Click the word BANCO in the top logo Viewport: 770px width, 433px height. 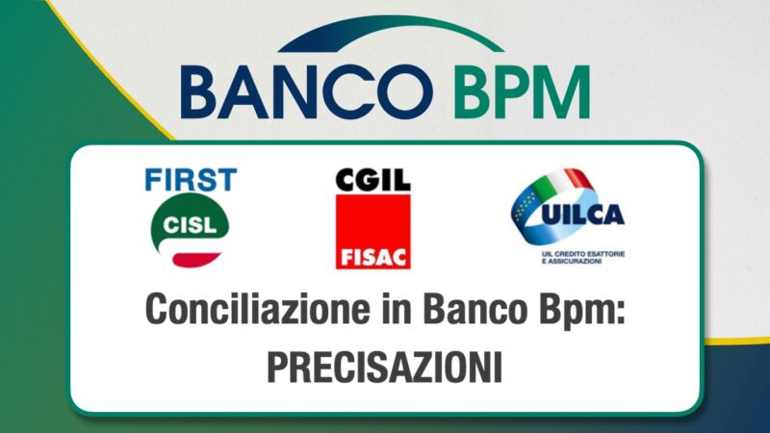tap(307, 91)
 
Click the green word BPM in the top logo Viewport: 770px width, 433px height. tap(522, 92)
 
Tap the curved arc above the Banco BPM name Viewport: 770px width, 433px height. tap(391, 33)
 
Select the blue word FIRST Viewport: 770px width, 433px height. tap(191, 180)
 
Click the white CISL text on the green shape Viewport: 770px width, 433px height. tap(190, 225)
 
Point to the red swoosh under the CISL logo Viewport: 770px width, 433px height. tap(196, 260)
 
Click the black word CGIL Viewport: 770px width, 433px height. tap(373, 180)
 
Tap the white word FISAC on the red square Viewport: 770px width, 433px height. tap(373, 257)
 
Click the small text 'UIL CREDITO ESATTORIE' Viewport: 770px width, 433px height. tap(583, 254)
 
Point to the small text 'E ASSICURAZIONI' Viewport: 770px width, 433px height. tap(572, 262)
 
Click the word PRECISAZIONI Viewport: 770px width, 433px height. tap(385, 368)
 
